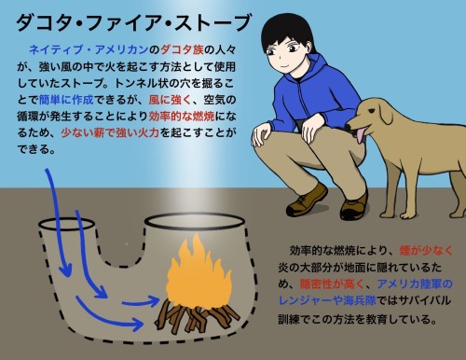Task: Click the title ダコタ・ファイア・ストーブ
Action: click(x=133, y=22)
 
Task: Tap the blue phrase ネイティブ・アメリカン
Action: click(x=89, y=49)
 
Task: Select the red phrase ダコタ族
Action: click(x=182, y=49)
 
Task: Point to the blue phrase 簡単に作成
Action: click(x=66, y=100)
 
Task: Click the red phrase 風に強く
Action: click(x=171, y=100)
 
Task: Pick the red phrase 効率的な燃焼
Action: click(x=182, y=117)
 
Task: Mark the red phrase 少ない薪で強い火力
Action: click(x=110, y=132)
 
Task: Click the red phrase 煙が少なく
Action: click(x=426, y=251)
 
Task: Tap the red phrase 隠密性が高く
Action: click(x=332, y=284)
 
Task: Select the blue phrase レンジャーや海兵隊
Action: click(x=327, y=300)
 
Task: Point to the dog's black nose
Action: click(x=349, y=127)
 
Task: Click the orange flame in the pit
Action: click(x=199, y=271)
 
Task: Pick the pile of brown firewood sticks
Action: click(x=198, y=315)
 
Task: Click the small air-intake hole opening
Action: click(x=66, y=224)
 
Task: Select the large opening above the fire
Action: click(x=194, y=221)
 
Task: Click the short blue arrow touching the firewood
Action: click(x=141, y=301)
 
